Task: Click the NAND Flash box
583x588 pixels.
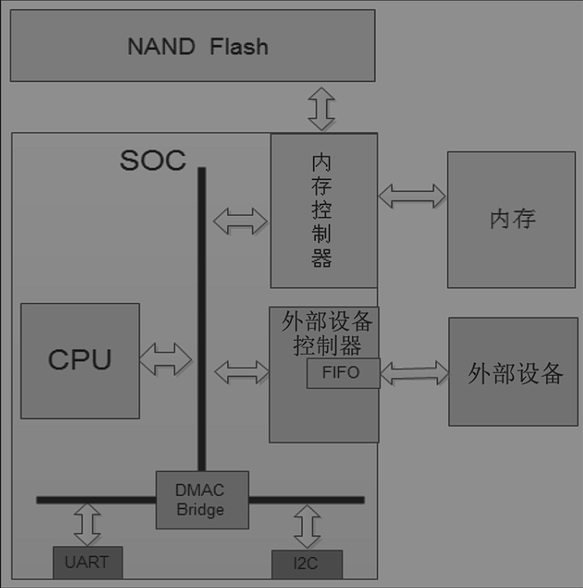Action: tap(192, 46)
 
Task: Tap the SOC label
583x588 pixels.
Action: tap(153, 160)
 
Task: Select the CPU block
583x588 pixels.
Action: tap(80, 360)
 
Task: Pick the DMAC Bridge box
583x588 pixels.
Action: tap(202, 500)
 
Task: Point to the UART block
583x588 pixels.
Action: tap(87, 562)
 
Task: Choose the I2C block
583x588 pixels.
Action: tap(306, 564)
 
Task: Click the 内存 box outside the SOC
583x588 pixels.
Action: tap(511, 220)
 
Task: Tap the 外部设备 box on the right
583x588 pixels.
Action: tap(513, 371)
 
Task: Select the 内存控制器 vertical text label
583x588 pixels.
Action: tap(321, 210)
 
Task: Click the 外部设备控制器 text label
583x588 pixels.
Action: tap(326, 333)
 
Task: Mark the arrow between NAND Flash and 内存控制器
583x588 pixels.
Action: tap(321, 107)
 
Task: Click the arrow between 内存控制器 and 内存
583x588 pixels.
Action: tap(412, 197)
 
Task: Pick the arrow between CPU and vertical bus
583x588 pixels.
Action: tap(166, 360)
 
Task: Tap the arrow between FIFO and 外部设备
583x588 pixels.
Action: tap(414, 372)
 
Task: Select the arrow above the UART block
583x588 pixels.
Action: tap(87, 524)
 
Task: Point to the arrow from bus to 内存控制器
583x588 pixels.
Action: tap(241, 221)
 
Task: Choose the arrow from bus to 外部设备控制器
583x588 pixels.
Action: tap(242, 371)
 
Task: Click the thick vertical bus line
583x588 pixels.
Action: tap(202, 316)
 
